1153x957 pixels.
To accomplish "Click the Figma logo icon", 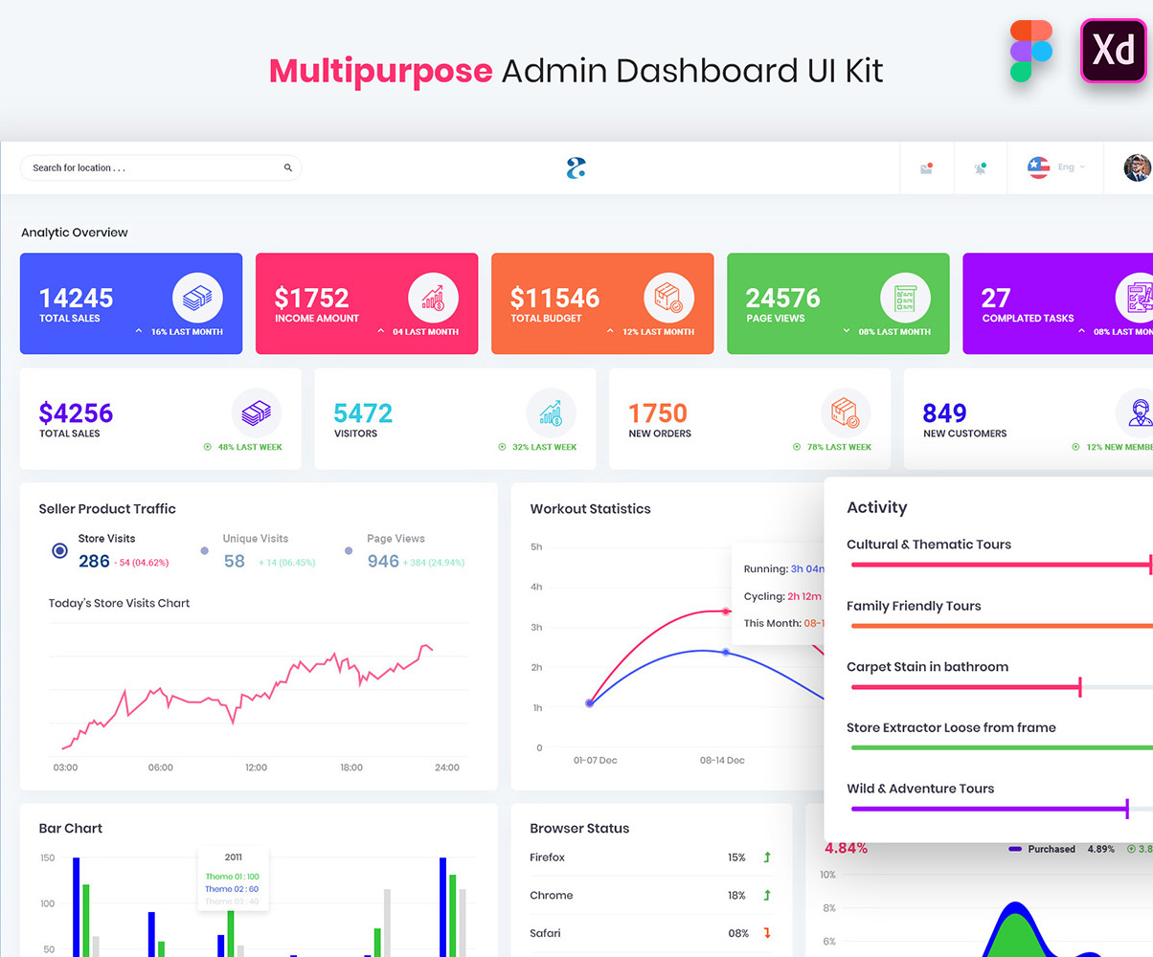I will [x=1030, y=52].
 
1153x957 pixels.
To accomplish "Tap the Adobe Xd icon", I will [x=1113, y=51].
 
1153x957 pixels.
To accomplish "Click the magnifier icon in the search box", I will [x=287, y=168].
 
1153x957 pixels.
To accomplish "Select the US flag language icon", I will [x=1038, y=167].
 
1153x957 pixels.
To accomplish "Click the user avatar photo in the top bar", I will [x=1137, y=167].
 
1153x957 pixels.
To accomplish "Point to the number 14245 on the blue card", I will [x=77, y=298].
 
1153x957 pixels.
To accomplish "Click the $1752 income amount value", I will [x=311, y=298].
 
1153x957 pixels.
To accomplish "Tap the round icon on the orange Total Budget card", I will [x=668, y=298].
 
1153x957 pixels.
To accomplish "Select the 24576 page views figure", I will [x=782, y=298].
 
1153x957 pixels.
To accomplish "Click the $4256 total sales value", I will [x=76, y=413].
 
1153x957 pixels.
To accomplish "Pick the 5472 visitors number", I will [x=363, y=413].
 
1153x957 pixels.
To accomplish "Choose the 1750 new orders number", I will [x=658, y=413].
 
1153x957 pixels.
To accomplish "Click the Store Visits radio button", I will [x=60, y=550].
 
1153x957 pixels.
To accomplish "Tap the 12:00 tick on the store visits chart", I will [x=256, y=768].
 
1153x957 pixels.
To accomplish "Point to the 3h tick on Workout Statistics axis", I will [x=536, y=628].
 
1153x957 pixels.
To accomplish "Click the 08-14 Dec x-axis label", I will [x=722, y=761].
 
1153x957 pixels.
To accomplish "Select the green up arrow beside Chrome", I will [x=767, y=896].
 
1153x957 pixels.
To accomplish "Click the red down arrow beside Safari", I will [x=767, y=933].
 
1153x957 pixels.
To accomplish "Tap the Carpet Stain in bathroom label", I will [x=927, y=667].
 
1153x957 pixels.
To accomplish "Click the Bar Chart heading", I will [x=71, y=829].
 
